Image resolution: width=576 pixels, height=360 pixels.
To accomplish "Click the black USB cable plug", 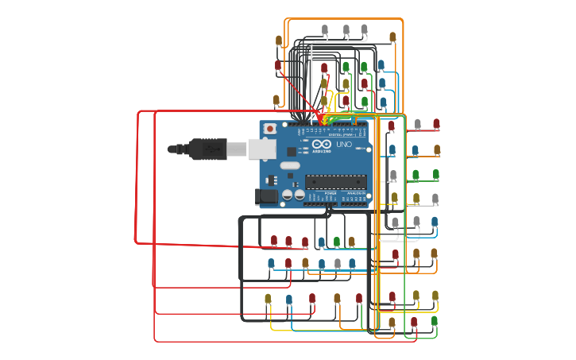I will click(x=205, y=149).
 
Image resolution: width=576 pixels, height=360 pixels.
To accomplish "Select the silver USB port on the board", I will click(x=261, y=149).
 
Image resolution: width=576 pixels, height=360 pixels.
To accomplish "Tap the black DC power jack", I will click(x=266, y=195).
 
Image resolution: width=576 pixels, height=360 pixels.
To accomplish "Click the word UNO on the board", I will click(x=344, y=145).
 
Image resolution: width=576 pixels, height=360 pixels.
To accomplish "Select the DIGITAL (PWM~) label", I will click(x=342, y=135).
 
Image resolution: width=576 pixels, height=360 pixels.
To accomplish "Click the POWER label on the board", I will click(x=330, y=192).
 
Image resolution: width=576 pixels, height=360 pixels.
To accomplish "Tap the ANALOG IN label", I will click(x=355, y=192).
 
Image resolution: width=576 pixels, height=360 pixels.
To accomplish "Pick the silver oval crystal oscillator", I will click(x=290, y=166).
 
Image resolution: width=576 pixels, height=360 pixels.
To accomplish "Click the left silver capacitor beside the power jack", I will click(x=287, y=194).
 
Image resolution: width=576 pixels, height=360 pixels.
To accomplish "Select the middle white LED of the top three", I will click(x=346, y=30).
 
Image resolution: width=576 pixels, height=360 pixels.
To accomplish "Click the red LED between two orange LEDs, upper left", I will click(x=278, y=66).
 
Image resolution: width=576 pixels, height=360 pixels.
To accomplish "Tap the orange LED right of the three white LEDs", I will click(x=392, y=37).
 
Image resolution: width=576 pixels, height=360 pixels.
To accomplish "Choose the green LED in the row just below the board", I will click(x=336, y=242).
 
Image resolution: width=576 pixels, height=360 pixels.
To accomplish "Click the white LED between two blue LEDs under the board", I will click(x=337, y=263).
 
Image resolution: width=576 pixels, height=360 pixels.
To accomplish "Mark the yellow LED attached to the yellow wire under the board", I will click(x=268, y=300).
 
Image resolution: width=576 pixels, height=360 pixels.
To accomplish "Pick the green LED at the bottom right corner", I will click(x=434, y=321).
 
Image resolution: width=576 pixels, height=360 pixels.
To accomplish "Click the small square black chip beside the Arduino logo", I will click(x=292, y=150).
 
